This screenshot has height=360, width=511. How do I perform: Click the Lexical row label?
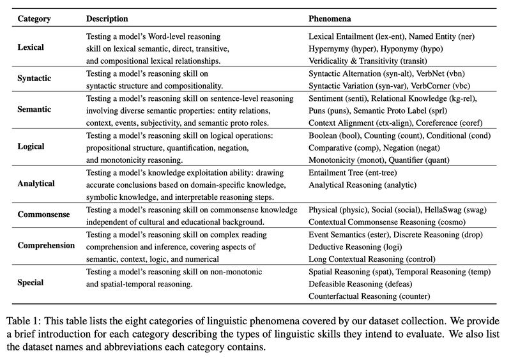[x=32, y=49]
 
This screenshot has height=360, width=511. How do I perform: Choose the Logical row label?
[x=32, y=146]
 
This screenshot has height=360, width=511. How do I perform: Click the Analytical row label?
[x=37, y=183]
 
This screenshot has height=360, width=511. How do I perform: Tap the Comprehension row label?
[x=46, y=245]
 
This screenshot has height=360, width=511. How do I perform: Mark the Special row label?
[x=31, y=281]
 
